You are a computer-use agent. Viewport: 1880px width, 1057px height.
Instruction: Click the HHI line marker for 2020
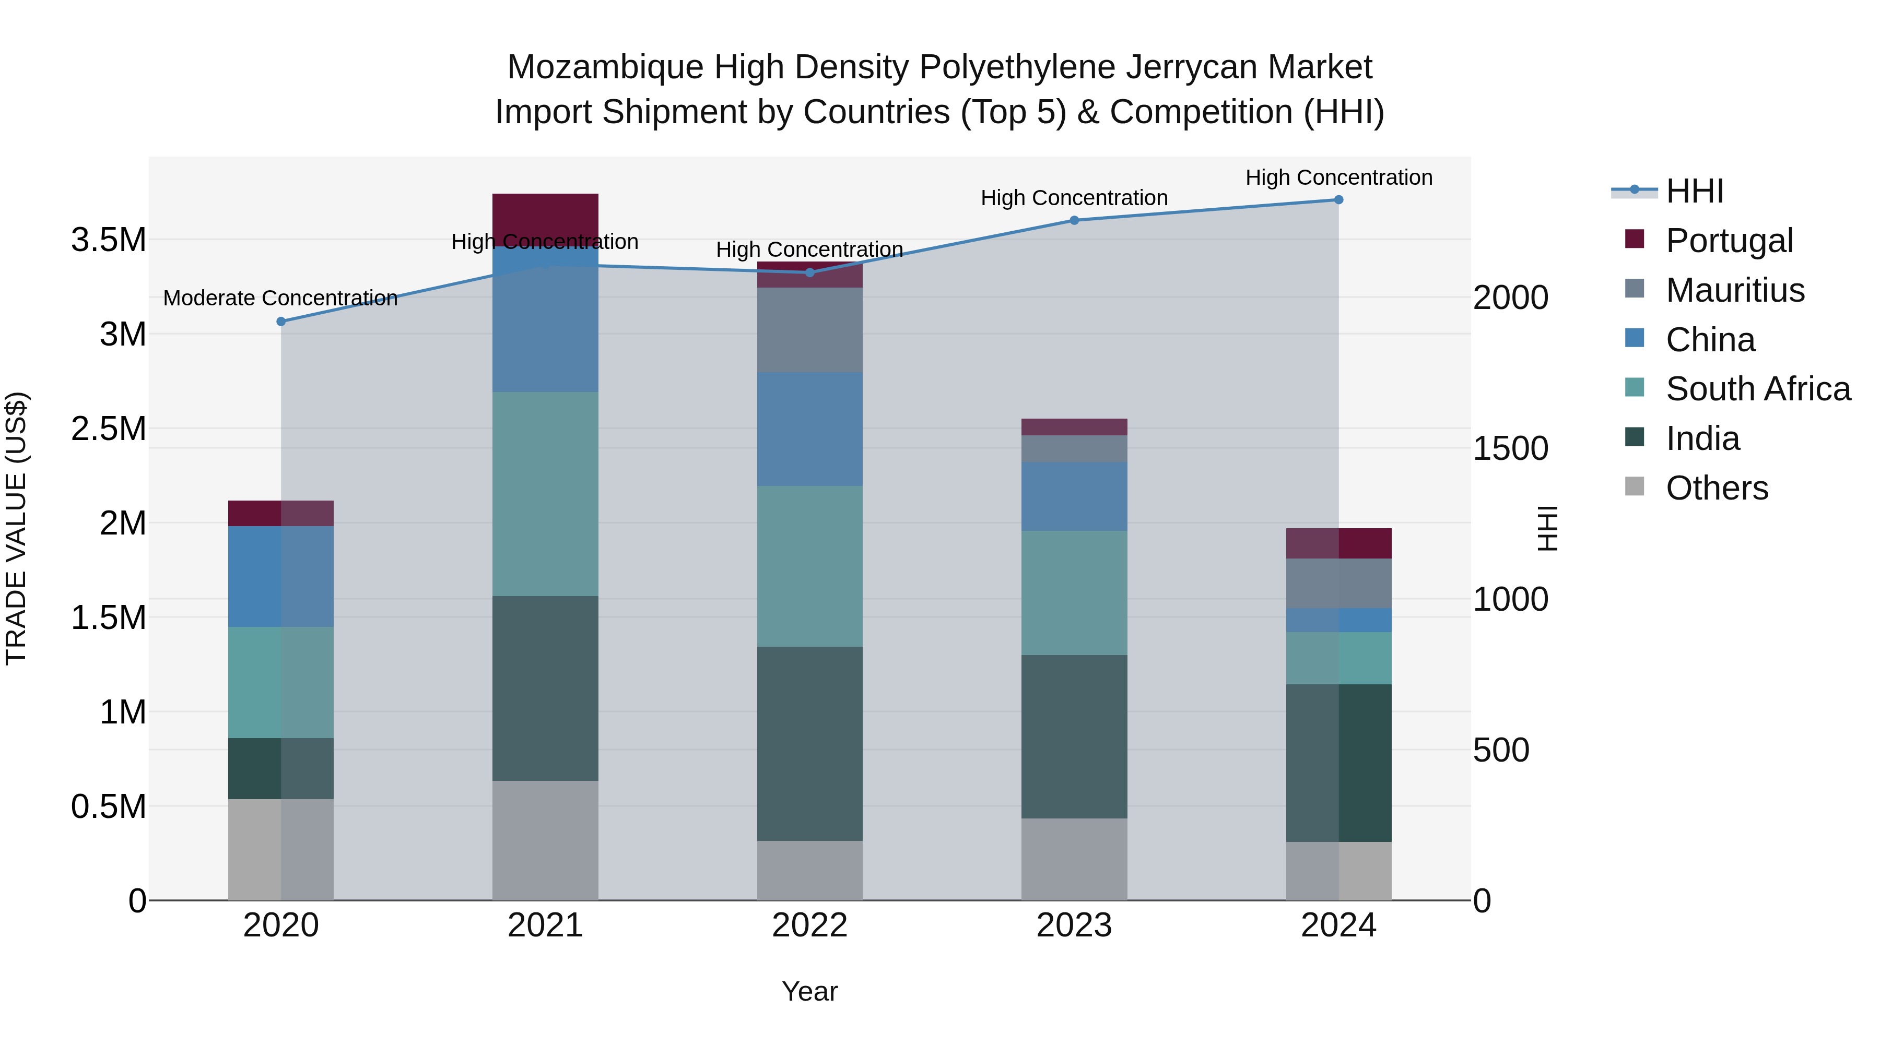coord(281,322)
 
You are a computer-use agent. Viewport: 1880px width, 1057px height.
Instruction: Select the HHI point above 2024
coord(1338,200)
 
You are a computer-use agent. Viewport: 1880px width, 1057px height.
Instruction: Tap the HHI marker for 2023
coord(1074,220)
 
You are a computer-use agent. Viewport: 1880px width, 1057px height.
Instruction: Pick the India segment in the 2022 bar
coord(809,743)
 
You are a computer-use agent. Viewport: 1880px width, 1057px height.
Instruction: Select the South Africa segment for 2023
coord(1074,592)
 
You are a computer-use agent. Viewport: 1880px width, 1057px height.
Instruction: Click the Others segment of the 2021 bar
coord(545,840)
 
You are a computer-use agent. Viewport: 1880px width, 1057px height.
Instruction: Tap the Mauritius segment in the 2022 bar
coord(809,330)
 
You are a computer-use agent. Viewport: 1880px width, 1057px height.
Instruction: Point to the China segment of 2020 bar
coord(281,576)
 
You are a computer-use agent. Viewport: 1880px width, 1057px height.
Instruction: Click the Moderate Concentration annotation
coord(280,299)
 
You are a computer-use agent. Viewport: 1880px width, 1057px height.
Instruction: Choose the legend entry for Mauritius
coord(1735,290)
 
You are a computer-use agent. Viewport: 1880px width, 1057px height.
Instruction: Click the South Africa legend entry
coord(1757,389)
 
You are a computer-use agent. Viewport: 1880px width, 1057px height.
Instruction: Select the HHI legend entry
coord(1695,191)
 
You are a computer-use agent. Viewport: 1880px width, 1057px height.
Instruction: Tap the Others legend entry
coord(1717,488)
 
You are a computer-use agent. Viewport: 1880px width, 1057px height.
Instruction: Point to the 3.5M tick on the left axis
coord(108,240)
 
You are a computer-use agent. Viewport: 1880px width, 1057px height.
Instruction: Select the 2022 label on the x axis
coord(809,925)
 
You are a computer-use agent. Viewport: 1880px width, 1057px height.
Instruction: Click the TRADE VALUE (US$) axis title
coord(16,528)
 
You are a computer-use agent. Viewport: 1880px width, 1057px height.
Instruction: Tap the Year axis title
coord(809,991)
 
